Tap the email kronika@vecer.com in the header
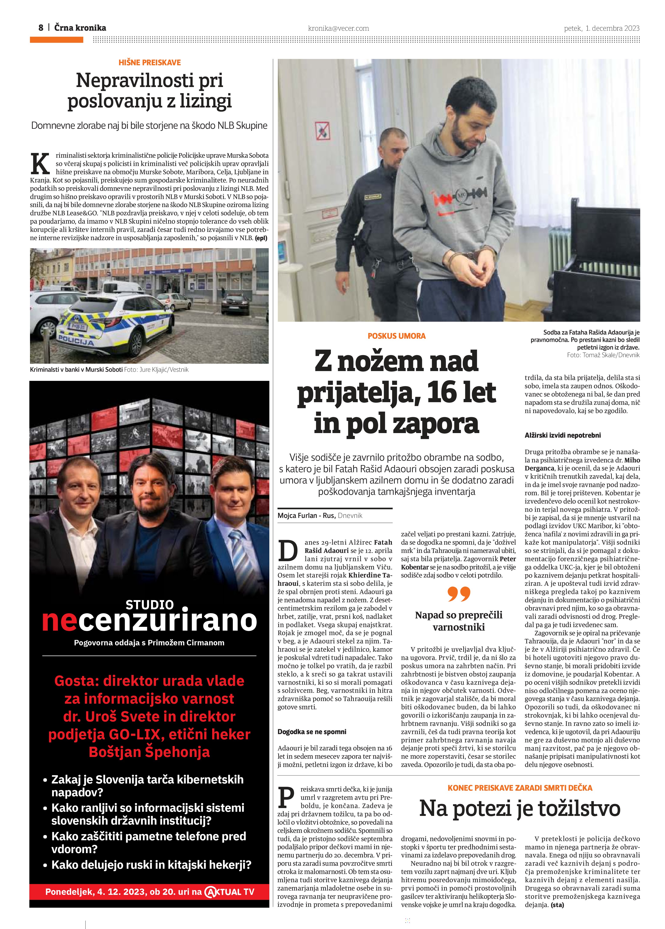[338, 28]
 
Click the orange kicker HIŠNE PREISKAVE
[150, 63]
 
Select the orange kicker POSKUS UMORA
[396, 336]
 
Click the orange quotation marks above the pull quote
[459, 594]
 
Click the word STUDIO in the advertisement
[150, 605]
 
